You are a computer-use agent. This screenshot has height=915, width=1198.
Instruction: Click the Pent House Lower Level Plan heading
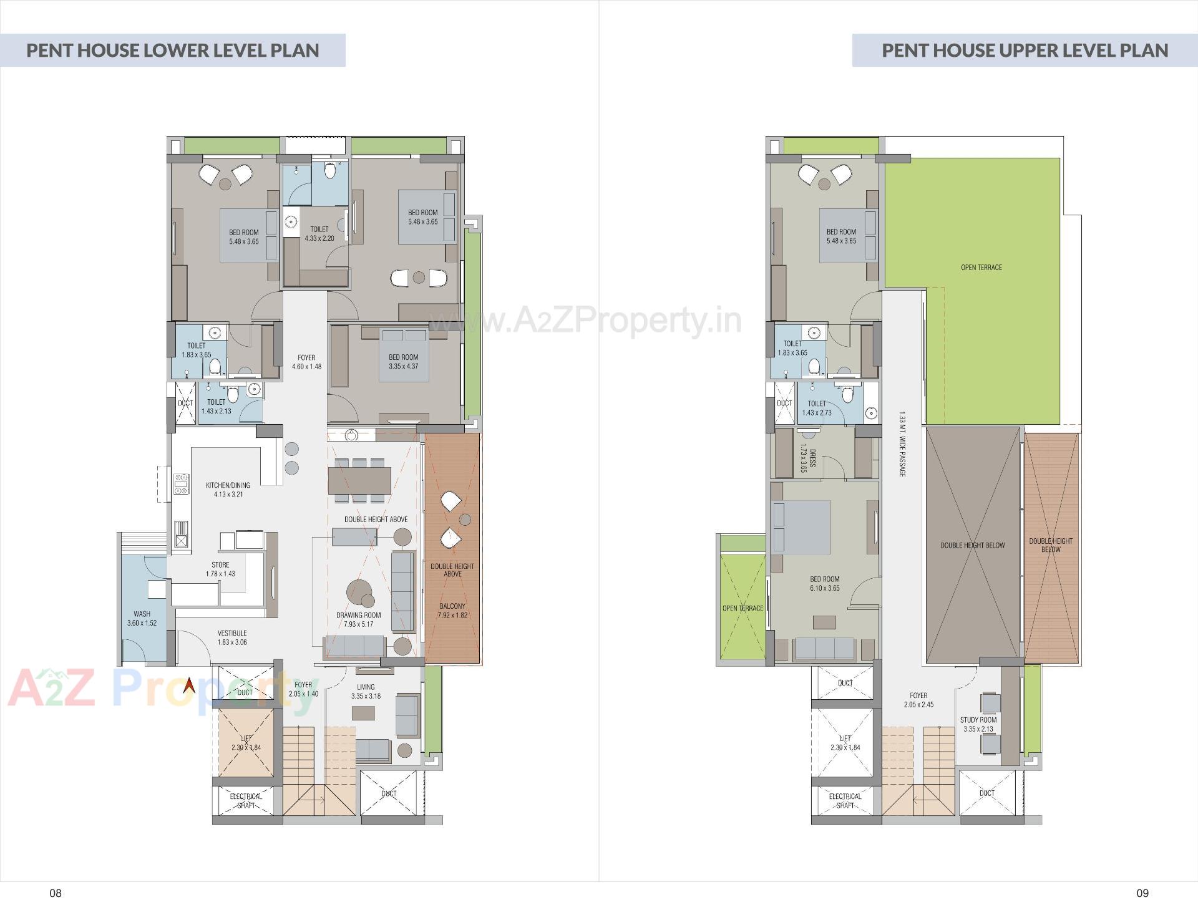172,50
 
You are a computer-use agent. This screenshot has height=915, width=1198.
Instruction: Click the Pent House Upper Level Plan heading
1025,50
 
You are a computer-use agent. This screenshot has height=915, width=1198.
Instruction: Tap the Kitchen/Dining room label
228,490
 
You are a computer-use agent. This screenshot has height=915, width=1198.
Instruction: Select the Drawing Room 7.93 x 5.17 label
358,619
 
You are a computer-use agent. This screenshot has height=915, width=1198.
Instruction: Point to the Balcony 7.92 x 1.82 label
452,610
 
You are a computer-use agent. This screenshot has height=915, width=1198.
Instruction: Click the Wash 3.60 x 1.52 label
142,618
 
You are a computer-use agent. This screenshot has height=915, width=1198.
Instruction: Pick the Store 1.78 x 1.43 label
220,569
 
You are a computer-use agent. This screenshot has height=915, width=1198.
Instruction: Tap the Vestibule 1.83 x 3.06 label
232,637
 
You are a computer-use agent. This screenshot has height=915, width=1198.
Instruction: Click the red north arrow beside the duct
188,687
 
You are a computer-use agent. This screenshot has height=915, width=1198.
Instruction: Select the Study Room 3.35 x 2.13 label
978,724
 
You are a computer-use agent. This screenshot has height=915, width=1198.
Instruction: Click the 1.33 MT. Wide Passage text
902,444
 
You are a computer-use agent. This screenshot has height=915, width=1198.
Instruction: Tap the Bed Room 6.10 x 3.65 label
824,583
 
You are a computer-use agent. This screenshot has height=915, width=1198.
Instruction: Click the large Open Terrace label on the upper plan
981,268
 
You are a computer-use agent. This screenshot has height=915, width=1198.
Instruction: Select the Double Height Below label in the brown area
972,545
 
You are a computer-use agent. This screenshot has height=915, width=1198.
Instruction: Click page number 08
56,893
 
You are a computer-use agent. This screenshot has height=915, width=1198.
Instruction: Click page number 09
1142,893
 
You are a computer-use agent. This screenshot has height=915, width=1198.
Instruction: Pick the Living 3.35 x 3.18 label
366,691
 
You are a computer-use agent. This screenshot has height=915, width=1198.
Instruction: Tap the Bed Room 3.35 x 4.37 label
403,362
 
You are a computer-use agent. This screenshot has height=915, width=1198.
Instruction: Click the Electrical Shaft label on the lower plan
246,800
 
